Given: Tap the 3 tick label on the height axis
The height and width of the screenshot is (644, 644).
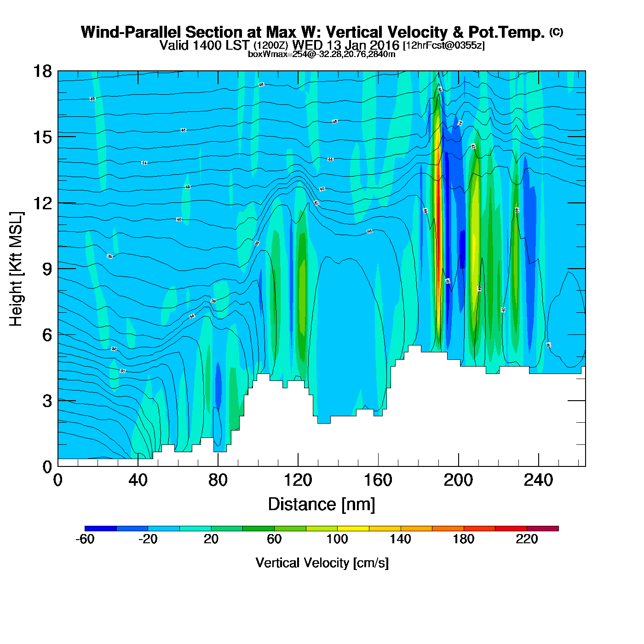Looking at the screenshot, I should (47, 401).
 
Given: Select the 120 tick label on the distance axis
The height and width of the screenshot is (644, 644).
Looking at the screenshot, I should (298, 481).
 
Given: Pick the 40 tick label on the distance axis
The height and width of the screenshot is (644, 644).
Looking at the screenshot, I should (138, 481).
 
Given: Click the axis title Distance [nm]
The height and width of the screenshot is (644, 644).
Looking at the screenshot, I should (322, 505).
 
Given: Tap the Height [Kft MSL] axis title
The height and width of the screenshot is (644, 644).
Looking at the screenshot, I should (17, 269).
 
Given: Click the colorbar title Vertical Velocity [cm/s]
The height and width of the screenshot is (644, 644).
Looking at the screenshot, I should (322, 563).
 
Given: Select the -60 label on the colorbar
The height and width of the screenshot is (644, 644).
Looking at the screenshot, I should (85, 539).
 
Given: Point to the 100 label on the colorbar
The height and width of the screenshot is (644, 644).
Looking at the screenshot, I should (337, 539).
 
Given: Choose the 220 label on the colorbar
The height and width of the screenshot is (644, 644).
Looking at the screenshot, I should (527, 539).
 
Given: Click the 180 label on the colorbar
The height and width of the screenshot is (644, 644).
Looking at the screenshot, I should (463, 539).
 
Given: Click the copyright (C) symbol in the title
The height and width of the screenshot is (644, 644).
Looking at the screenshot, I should (556, 32).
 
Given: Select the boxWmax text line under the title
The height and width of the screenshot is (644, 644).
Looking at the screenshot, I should (322, 54).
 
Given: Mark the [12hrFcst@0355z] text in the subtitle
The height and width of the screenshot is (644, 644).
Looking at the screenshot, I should (443, 46).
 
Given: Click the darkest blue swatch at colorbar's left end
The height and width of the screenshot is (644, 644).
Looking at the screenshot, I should (100, 529).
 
